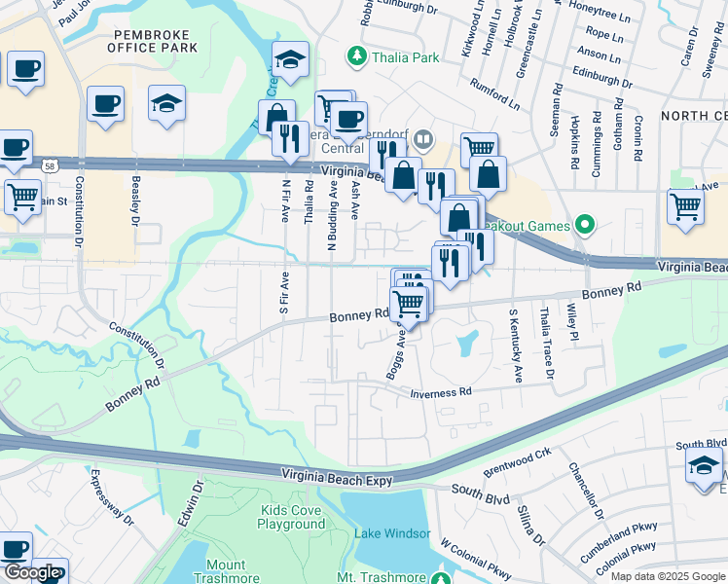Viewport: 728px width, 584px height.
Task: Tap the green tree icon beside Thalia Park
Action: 358,57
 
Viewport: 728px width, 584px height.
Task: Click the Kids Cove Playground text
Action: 291,517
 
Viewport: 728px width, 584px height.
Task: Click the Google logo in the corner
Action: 32,572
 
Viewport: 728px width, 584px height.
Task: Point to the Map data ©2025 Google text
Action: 667,576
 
